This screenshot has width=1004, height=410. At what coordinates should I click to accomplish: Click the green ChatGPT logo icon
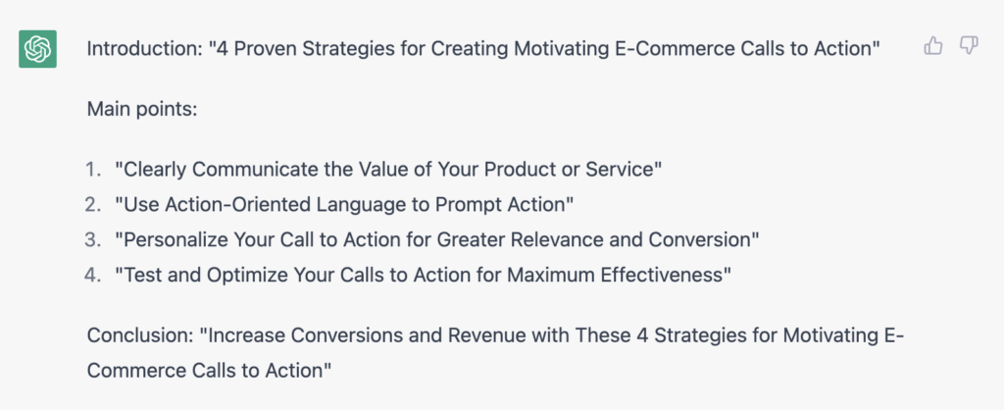38,49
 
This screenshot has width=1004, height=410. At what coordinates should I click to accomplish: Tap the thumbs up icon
933,45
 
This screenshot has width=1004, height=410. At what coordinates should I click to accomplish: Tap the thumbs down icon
969,45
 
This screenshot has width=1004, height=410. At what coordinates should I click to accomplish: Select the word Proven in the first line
269,49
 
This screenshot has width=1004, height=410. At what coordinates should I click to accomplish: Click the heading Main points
142,109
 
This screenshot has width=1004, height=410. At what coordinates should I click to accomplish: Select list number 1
93,170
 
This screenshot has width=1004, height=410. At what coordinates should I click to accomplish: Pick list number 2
93,205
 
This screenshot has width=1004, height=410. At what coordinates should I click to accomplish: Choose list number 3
93,240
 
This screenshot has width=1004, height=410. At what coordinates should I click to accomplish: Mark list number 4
93,276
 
